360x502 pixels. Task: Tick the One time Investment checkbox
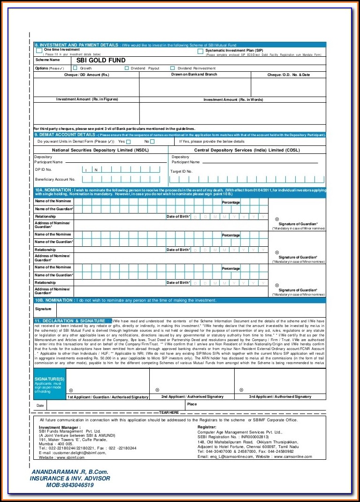[39, 50]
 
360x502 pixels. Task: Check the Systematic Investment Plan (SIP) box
[200, 51]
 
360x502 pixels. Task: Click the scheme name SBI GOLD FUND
[101, 60]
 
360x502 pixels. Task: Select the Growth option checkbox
[75, 68]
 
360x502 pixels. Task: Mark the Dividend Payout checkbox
[127, 68]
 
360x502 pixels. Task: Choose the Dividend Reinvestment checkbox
[173, 68]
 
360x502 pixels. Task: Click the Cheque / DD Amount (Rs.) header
[86, 75]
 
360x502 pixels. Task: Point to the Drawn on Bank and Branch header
[194, 75]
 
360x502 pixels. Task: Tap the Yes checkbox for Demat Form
[129, 141]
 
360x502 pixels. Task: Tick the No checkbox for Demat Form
[153, 141]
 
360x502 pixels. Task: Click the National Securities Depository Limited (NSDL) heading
[99, 150]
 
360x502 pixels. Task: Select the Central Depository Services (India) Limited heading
[246, 150]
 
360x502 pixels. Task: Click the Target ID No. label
[181, 171]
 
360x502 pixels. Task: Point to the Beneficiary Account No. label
[55, 179]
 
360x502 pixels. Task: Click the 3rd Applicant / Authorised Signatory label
[280, 396]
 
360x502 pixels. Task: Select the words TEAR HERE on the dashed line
[169, 412]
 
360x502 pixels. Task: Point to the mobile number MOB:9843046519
[70, 485]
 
